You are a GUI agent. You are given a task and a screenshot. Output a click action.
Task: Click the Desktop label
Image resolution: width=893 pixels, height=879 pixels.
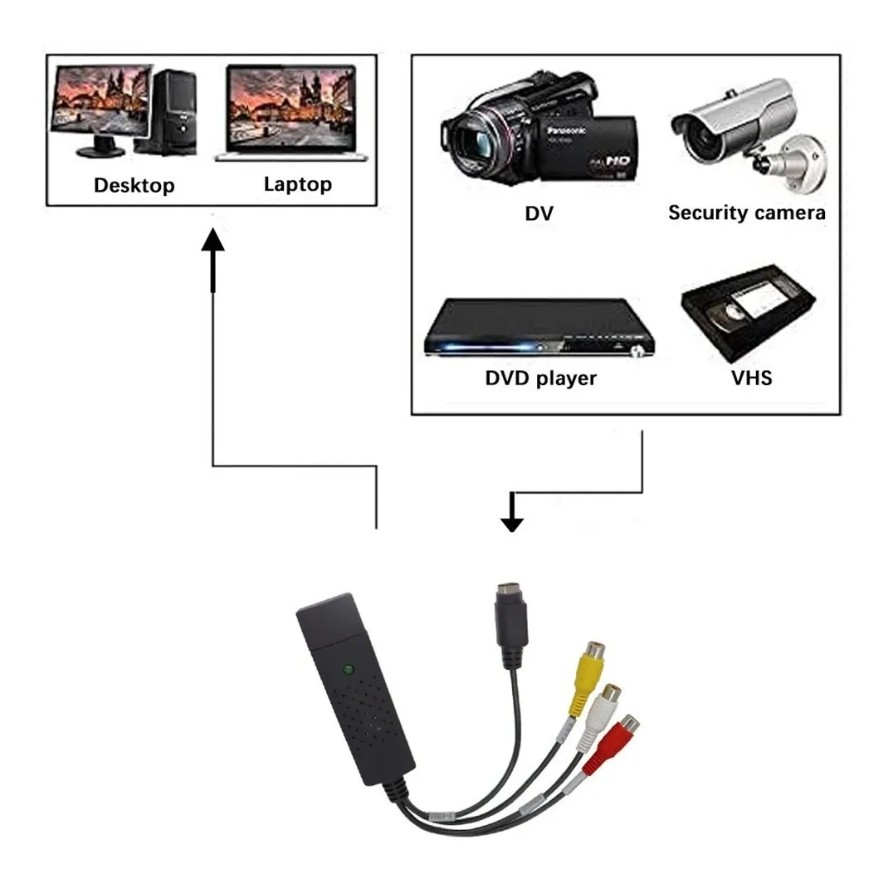coord(134,185)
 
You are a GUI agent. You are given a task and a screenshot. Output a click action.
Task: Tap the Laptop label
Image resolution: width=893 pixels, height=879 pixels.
coord(297,184)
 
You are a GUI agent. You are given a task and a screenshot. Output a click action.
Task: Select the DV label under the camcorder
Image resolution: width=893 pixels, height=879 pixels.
coord(539,213)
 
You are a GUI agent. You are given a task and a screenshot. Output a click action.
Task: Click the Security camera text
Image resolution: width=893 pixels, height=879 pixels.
coord(746,212)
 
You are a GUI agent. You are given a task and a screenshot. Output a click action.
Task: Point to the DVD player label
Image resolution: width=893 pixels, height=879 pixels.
coord(540,378)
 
